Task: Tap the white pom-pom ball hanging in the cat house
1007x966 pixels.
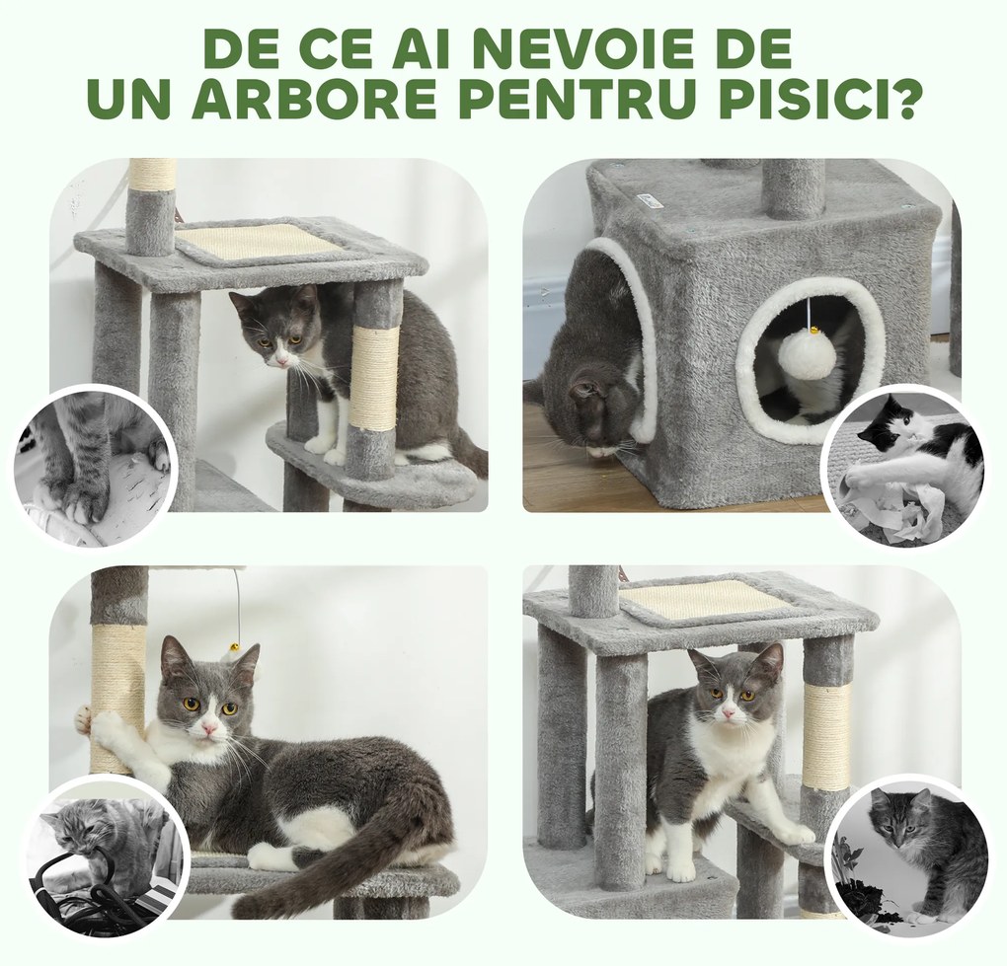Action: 807,354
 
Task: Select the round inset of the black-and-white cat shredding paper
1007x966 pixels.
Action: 905,465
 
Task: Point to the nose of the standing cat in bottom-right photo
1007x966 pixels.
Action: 727,711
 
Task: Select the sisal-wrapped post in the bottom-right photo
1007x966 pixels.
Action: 825,735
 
